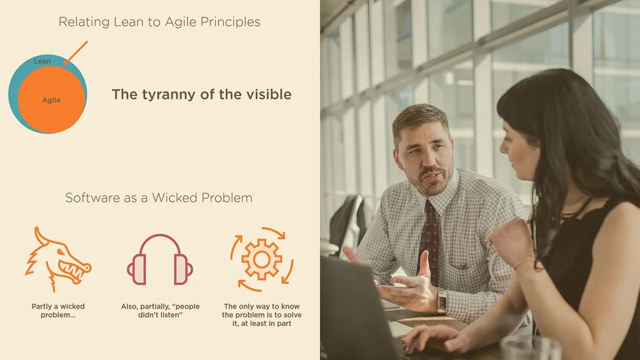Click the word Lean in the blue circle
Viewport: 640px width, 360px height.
pos(42,61)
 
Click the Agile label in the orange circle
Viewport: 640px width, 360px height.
pos(51,100)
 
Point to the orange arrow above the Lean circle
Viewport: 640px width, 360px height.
pos(75,53)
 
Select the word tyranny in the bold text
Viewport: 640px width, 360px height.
pos(168,95)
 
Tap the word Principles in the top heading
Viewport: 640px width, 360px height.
pos(230,22)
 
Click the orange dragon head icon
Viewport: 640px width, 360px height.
pos(58,259)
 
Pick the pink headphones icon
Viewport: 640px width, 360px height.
pos(160,259)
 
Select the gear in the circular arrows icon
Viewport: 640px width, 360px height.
pos(261,259)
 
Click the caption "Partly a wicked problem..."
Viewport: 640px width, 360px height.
pos(58,310)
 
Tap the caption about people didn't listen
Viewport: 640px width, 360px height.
pos(160,310)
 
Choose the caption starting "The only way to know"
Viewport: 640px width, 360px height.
pos(261,315)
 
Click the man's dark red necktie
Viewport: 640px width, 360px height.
pos(428,243)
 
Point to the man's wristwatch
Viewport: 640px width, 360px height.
pos(441,300)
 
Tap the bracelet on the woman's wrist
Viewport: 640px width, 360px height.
pos(524,262)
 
